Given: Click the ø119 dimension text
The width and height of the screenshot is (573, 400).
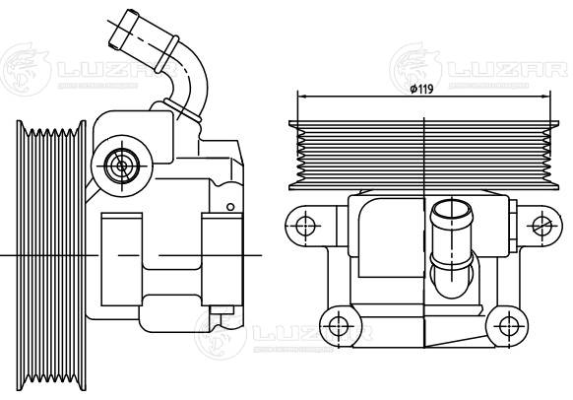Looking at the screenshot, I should pos(421,90).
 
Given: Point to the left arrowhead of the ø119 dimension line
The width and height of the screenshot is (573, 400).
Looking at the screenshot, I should pos(300,97).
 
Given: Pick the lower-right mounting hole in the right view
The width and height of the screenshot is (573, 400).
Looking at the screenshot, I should pos(508,324).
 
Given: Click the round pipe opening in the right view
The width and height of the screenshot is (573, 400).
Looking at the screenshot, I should pos(451,211).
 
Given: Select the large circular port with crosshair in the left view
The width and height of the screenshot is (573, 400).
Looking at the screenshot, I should pos(122,165).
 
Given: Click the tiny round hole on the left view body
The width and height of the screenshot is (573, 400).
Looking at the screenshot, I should pos(229,206).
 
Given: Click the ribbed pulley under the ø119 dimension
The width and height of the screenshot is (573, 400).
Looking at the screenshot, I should pos(422,154).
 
